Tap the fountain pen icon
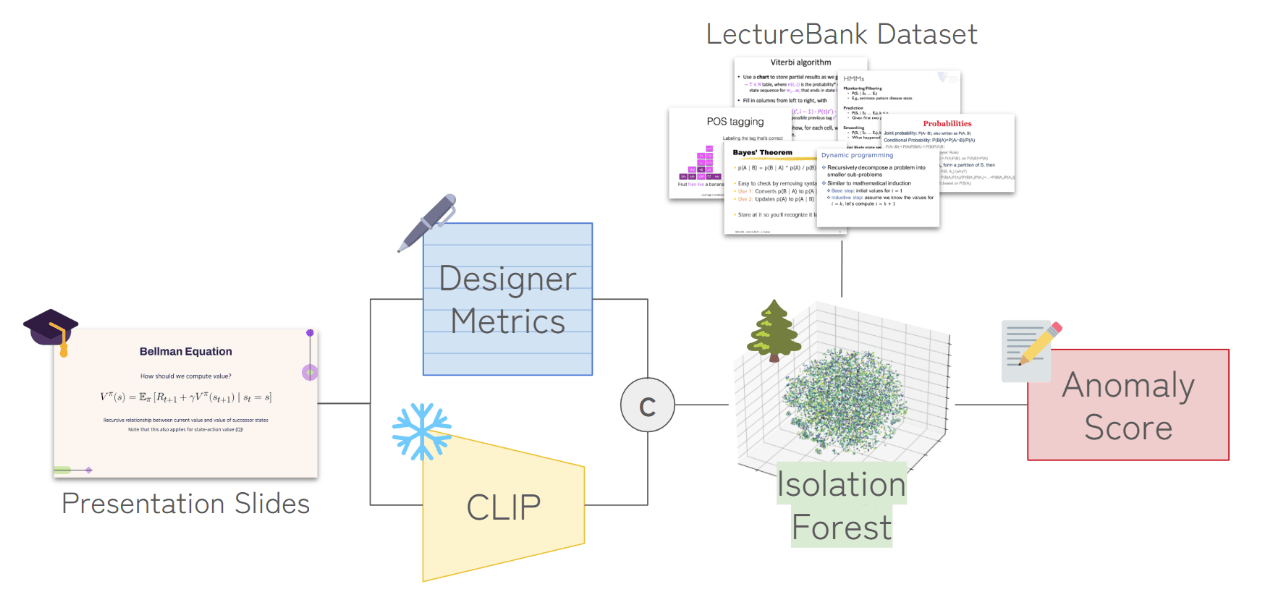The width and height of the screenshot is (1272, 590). (x=427, y=222)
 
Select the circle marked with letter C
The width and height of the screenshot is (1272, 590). (x=646, y=405)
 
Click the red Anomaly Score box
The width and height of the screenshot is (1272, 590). (x=1128, y=405)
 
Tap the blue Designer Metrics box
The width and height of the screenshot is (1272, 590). (x=507, y=299)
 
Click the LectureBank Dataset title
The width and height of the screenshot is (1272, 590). (x=841, y=34)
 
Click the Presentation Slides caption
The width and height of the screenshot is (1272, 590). (x=186, y=503)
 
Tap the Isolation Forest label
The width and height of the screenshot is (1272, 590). (x=841, y=505)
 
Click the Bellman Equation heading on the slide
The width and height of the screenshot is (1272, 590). (x=186, y=351)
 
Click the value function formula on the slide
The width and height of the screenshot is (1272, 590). (x=186, y=397)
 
